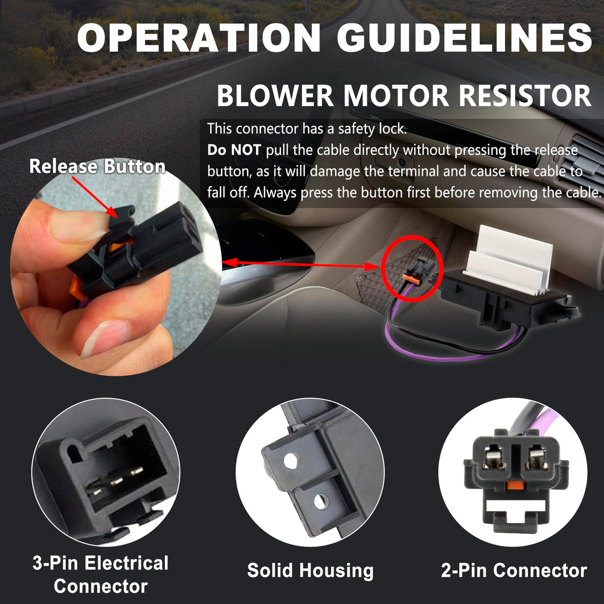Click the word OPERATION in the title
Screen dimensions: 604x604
(199, 37)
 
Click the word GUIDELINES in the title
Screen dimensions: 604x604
(464, 37)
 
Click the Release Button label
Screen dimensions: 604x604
(97, 167)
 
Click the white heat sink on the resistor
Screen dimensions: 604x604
(508, 260)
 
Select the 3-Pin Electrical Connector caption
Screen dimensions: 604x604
(100, 574)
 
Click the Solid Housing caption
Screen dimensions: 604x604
(310, 571)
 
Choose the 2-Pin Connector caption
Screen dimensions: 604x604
(514, 570)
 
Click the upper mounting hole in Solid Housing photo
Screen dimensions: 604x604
(291, 461)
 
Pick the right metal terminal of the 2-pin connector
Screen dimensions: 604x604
(538, 458)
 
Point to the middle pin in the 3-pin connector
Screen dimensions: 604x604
(116, 481)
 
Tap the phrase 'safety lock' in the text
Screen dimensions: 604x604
(372, 129)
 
